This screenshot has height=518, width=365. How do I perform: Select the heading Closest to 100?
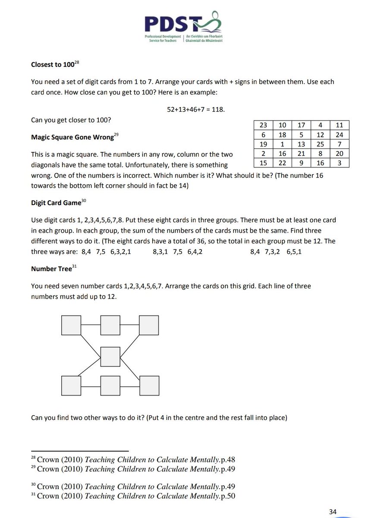tap(53, 65)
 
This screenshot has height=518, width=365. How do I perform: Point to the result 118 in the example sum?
tap(218, 110)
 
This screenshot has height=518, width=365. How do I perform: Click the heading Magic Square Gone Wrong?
tap(71, 138)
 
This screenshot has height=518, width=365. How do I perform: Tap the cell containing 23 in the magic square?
tap(263, 125)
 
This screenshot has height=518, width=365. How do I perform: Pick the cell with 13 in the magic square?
tap(301, 144)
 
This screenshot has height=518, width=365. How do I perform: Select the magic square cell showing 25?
tap(320, 144)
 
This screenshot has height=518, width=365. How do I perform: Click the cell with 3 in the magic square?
tap(339, 163)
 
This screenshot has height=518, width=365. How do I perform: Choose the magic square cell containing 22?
tap(282, 163)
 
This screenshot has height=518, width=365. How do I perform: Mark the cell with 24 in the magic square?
tap(339, 135)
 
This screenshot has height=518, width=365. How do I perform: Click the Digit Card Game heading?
tap(56, 202)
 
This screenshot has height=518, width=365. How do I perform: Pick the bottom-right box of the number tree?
tap(148, 385)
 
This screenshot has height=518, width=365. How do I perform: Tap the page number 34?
tap(332, 512)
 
